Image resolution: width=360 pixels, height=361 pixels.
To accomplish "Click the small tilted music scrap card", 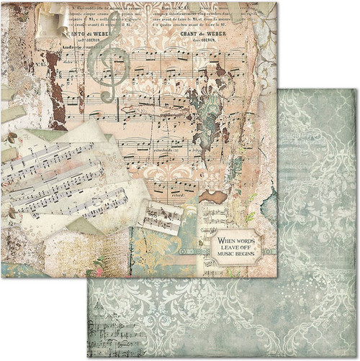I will click(160, 215).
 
